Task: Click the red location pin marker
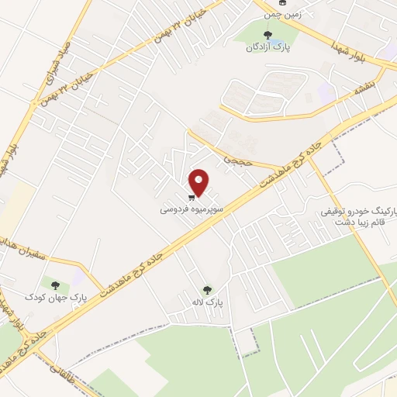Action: click(x=199, y=182)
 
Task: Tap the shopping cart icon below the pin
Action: click(x=192, y=197)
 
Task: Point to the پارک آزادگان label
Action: click(x=268, y=47)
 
